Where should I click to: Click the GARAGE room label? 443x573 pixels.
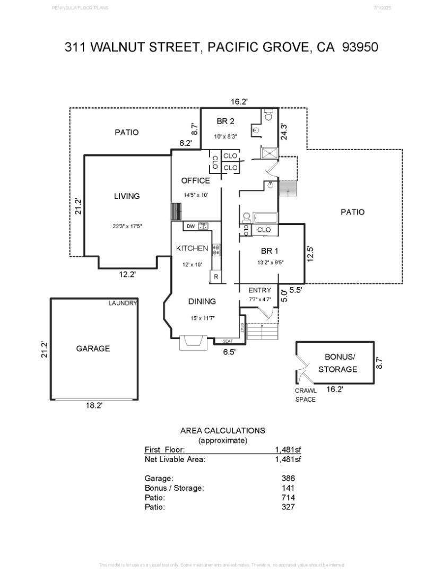tap(93, 349)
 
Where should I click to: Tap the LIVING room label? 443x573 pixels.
tap(127, 196)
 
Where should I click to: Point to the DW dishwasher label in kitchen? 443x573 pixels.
tap(190, 227)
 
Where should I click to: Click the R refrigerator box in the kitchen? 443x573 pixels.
tap(216, 276)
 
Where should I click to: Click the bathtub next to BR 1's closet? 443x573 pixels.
tap(263, 218)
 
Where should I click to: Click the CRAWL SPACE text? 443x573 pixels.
tap(306, 395)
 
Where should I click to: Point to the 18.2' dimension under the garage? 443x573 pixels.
tap(94, 405)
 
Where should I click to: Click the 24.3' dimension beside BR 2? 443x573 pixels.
tap(284, 131)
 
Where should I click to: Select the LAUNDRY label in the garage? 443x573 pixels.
tap(123, 303)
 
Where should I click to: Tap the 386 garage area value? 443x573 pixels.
tap(288, 478)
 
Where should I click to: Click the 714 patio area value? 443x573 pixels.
tap(288, 497)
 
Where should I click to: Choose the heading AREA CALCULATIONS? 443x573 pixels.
tap(222, 430)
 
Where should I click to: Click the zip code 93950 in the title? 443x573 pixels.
tap(360, 47)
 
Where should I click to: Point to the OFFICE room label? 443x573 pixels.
tap(195, 180)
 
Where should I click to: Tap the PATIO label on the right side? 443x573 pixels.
tap(352, 212)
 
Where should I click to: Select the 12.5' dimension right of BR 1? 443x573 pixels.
tap(311, 253)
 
